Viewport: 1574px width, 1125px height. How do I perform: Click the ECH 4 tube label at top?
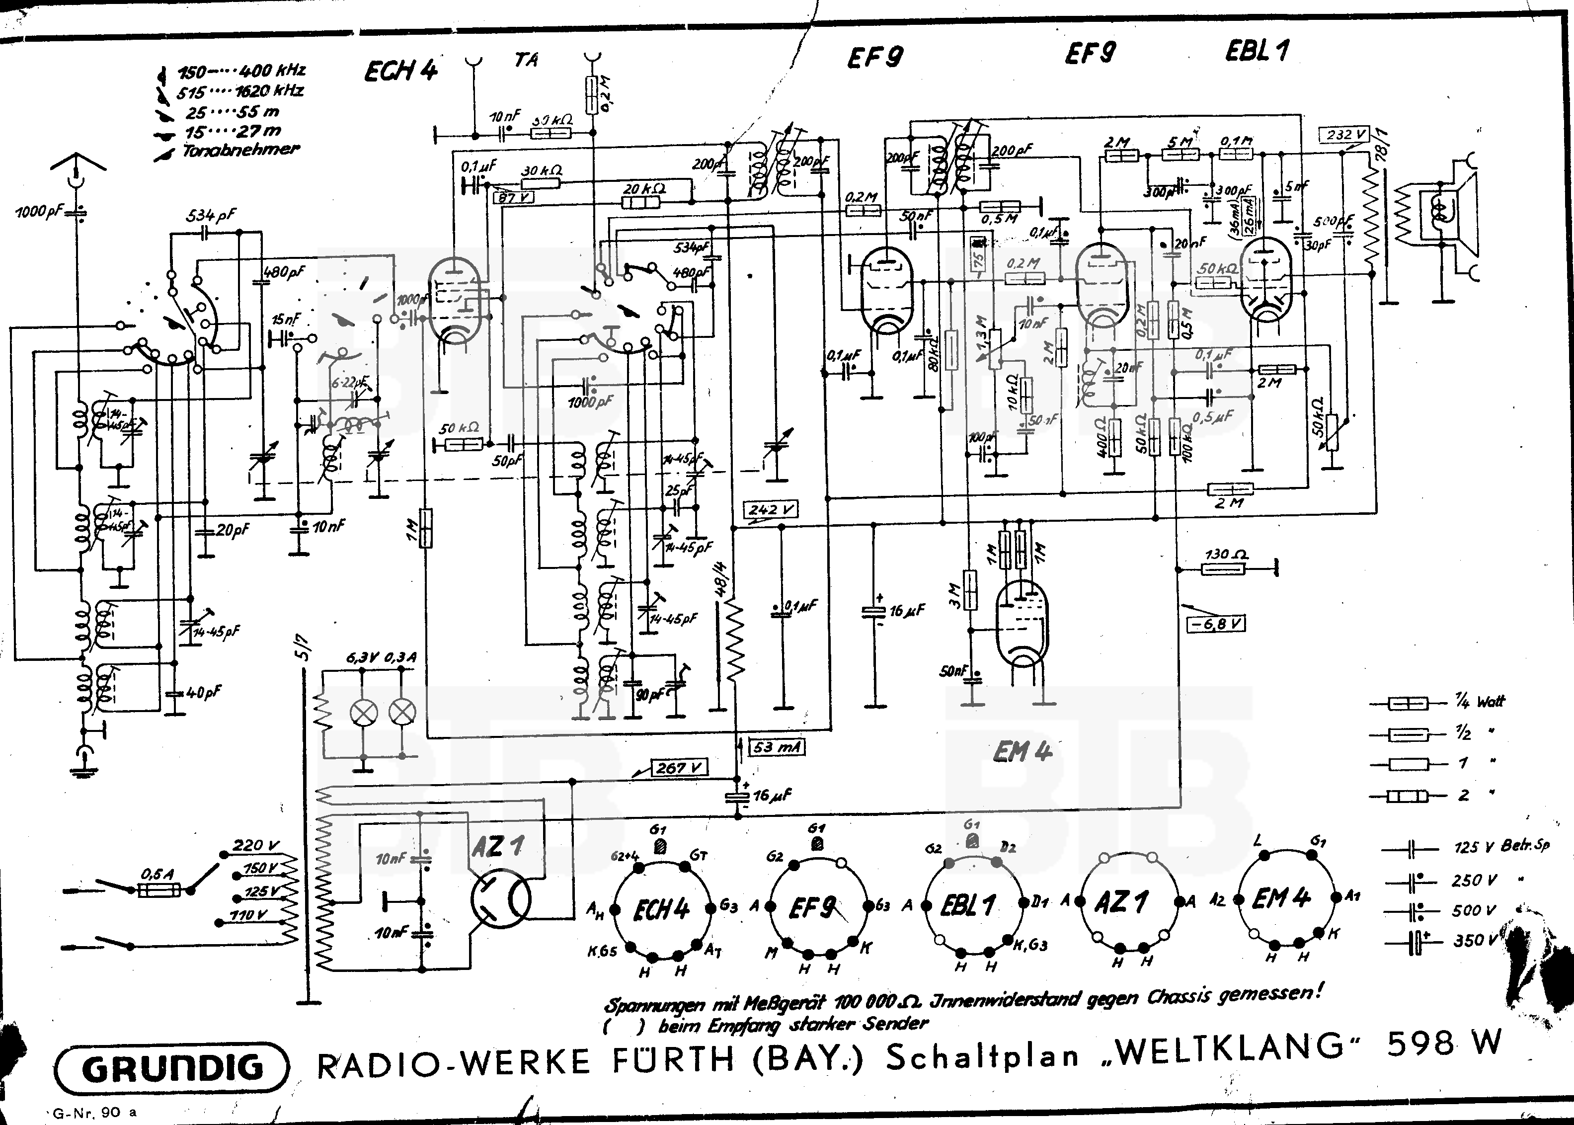coord(401,71)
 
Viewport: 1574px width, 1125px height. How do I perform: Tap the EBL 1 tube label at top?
coord(1257,51)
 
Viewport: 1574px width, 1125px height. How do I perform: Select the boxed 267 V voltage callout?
coord(679,768)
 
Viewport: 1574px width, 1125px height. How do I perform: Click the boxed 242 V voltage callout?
coord(771,510)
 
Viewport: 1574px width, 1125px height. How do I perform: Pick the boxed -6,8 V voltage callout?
coord(1216,624)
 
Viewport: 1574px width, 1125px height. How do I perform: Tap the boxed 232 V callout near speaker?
coord(1344,134)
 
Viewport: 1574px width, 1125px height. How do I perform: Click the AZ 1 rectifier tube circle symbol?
coord(500,898)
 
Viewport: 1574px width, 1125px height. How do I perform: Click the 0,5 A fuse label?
coord(158,874)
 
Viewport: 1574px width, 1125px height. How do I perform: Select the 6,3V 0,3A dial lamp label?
coord(381,657)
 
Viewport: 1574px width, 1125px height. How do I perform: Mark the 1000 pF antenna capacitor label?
coord(40,211)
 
